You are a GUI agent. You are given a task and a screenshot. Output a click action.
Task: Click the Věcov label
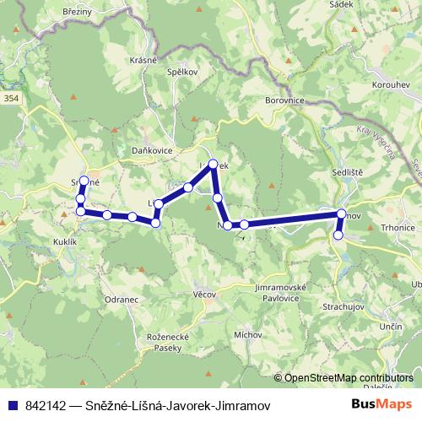pyautogui.click(x=206, y=295)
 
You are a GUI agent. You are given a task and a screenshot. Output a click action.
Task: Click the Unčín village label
pyautogui.click(x=390, y=326)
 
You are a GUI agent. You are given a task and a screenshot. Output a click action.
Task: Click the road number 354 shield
pyautogui.click(x=11, y=99)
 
